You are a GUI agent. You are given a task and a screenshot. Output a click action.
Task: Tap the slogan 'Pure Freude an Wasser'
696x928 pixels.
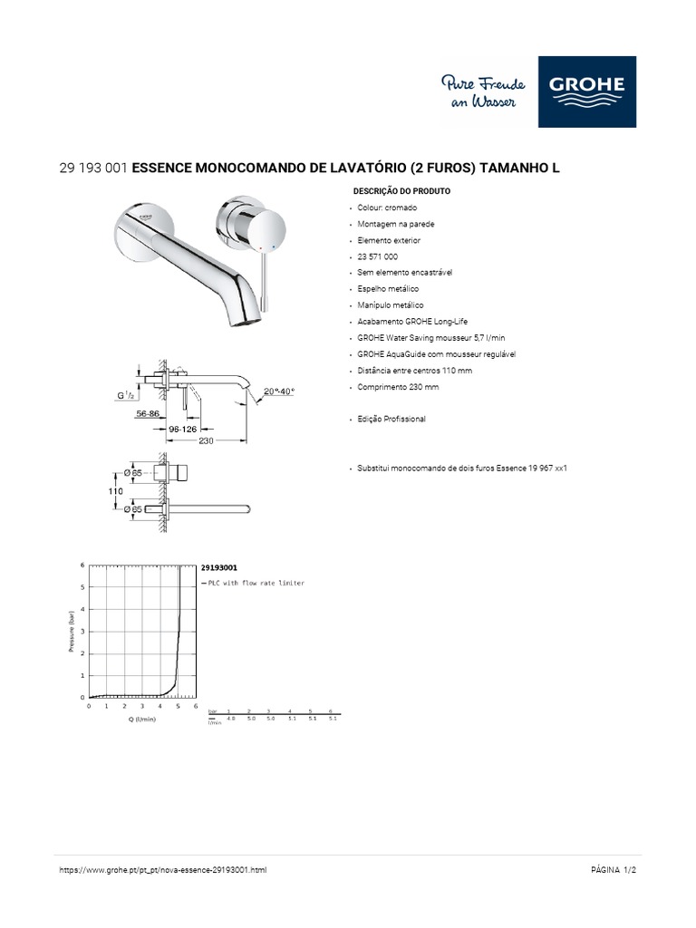tap(478, 92)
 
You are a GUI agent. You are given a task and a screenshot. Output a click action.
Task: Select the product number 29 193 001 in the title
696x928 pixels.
tap(93, 169)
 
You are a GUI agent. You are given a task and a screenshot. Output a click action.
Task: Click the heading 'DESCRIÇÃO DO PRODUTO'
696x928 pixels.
tap(401, 192)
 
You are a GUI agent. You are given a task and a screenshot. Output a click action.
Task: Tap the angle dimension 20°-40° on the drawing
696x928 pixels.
tap(278, 391)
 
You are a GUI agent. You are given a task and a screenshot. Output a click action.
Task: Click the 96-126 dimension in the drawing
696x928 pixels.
tap(185, 429)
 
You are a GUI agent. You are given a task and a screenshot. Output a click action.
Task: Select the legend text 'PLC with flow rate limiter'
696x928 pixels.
tap(256, 584)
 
